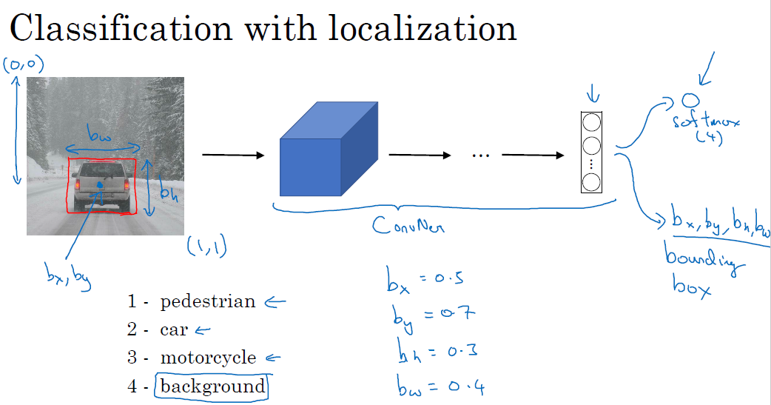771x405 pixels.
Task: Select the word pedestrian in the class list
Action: pos(207,302)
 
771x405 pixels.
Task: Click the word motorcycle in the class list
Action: pos(208,358)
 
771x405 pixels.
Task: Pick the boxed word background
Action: pos(212,386)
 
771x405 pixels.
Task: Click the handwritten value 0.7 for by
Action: pos(454,315)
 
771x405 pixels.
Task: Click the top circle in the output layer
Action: pos(590,122)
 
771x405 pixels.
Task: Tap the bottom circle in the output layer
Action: pos(590,182)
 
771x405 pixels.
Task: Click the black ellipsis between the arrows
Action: pos(481,156)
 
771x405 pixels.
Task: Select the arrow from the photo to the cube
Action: pos(232,155)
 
